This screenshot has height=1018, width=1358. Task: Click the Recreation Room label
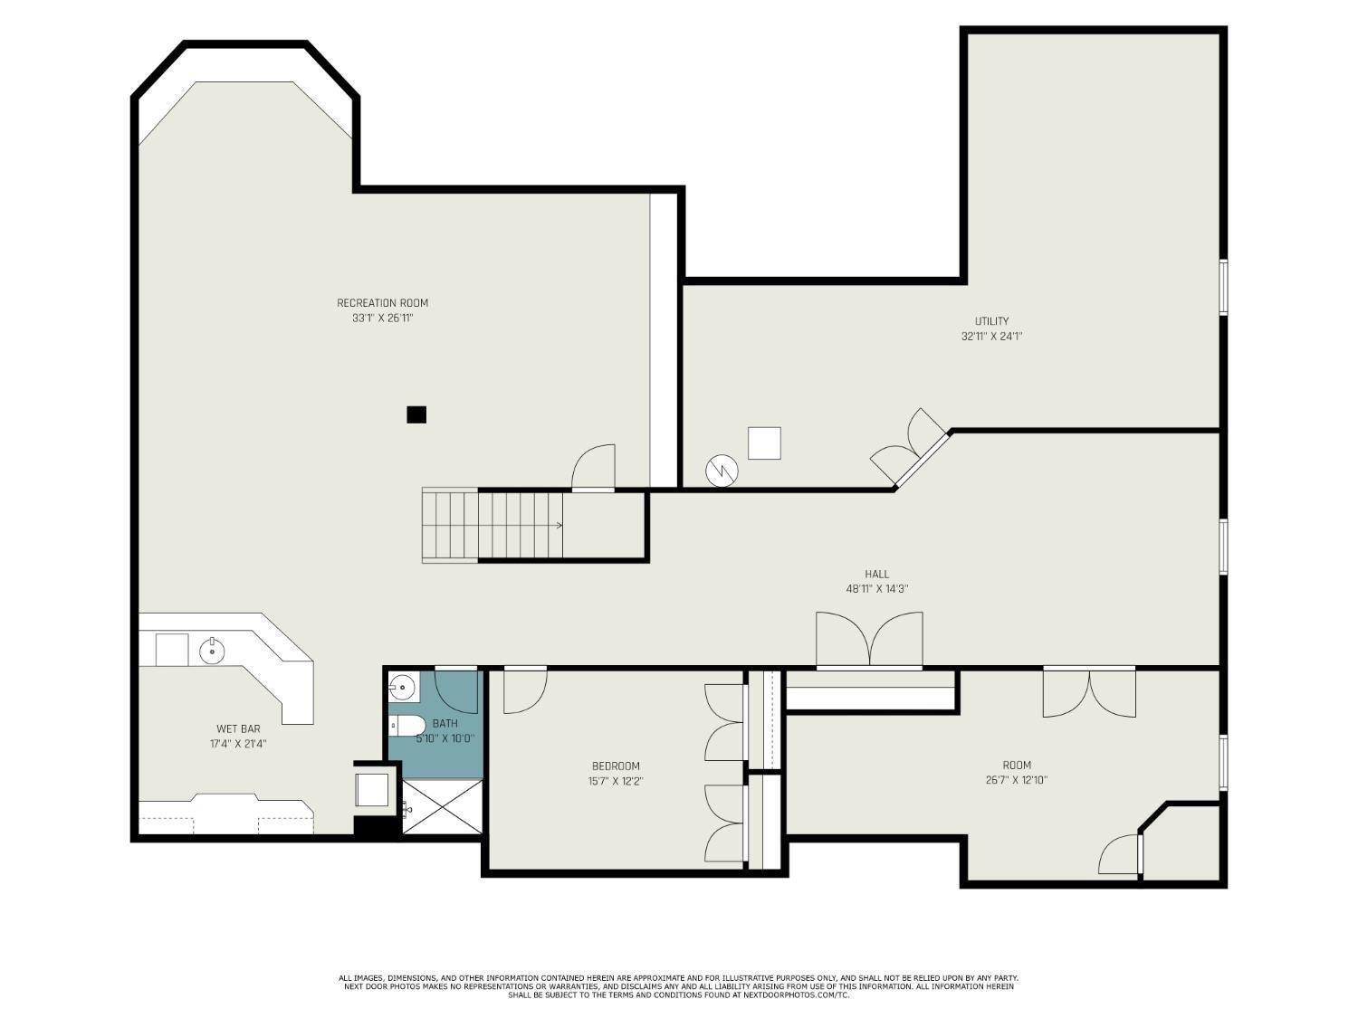coord(382,303)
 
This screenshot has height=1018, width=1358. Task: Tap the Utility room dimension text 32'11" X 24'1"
coord(991,337)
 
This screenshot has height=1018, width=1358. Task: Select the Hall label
coord(876,574)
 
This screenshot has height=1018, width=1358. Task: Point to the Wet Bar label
coord(238,728)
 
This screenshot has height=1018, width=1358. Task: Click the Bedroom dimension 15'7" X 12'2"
coord(616,781)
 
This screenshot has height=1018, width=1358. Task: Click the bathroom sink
coord(402,687)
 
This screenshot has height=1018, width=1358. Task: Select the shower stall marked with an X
coord(443,806)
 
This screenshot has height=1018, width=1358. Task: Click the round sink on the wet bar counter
coord(212,651)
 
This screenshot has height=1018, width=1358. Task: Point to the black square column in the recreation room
coord(416,414)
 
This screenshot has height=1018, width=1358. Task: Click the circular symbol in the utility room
coord(722,471)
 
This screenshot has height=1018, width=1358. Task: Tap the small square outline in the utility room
coord(764,443)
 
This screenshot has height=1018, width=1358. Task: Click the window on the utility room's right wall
coord(1223,288)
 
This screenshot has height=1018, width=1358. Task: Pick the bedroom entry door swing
coord(525,690)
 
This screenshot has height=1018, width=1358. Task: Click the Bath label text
coord(445,723)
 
